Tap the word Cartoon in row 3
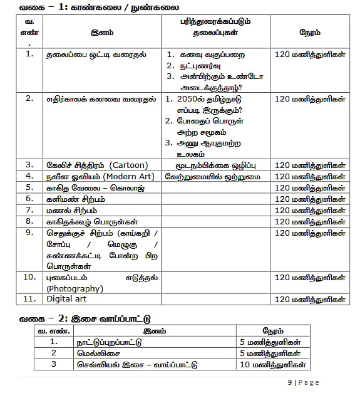[128, 165]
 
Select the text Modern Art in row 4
[129, 176]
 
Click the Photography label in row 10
[74, 288]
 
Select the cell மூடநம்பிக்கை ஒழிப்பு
[215, 165]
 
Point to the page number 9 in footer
[290, 382]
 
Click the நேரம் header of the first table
[310, 30]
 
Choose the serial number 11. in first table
[29, 299]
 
